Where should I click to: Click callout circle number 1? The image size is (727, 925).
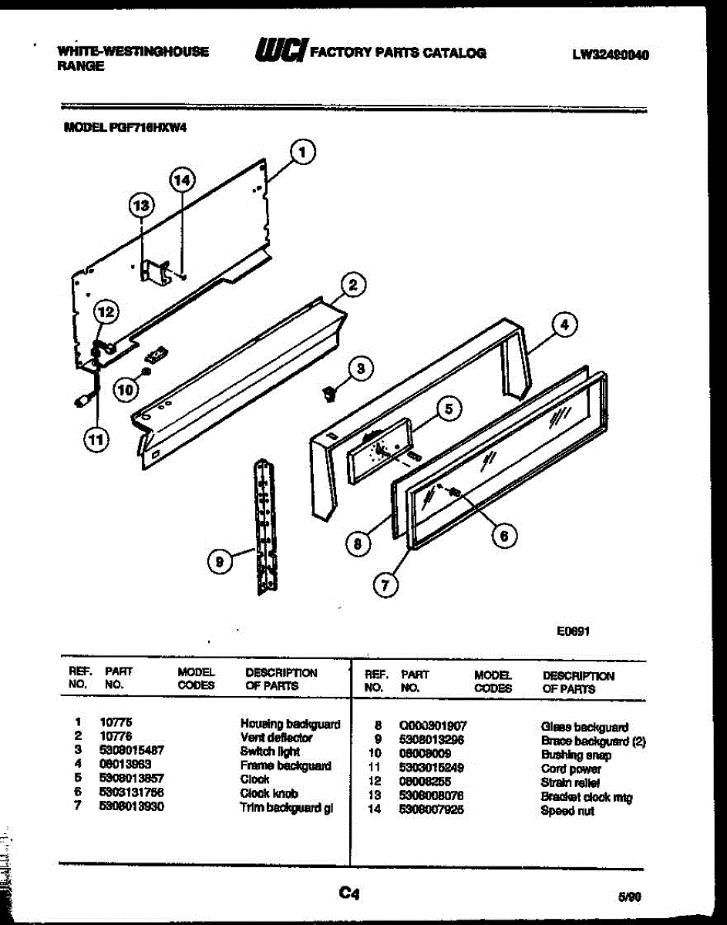303,153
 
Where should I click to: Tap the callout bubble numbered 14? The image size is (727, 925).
181,180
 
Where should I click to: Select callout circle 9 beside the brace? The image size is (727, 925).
220,563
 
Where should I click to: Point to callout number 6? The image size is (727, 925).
504,535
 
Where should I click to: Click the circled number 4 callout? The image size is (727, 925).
564,326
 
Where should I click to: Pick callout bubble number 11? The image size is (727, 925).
96,440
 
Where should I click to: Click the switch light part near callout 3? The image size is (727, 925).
331,394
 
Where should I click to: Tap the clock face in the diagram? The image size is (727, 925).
378,452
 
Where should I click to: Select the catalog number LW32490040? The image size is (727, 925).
610,55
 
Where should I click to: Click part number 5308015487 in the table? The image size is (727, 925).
132,751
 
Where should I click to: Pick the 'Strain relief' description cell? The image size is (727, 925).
570,783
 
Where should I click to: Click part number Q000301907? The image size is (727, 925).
433,726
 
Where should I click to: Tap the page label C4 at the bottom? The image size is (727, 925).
349,893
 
